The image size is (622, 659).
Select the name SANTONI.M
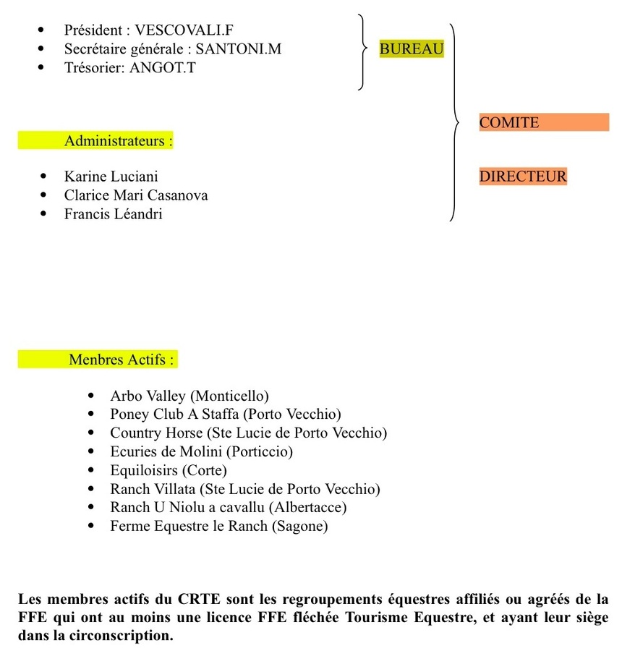click(x=239, y=49)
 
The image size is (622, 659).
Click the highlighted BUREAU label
click(x=412, y=49)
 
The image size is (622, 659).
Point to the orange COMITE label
click(x=509, y=122)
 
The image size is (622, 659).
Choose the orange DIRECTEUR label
click(x=523, y=176)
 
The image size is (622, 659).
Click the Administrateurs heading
click(x=119, y=140)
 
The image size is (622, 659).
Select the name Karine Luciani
click(x=111, y=176)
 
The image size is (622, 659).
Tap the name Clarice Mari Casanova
click(x=136, y=195)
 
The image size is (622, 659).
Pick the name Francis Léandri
click(x=113, y=213)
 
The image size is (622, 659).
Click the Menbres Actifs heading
click(x=122, y=359)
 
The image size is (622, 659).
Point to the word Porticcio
click(x=259, y=451)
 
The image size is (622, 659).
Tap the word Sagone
click(x=299, y=526)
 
